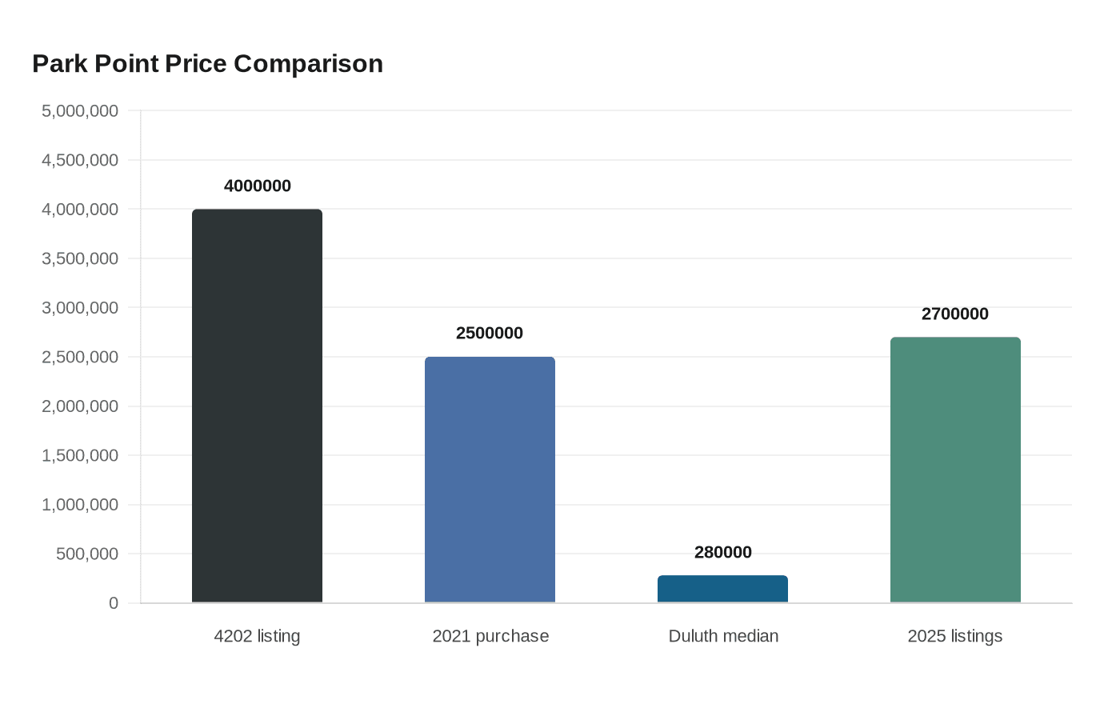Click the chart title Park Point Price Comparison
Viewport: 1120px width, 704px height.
click(207, 63)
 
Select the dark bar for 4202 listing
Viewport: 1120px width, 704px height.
click(257, 406)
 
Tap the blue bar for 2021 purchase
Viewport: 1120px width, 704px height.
click(490, 479)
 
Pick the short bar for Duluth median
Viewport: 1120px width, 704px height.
click(722, 589)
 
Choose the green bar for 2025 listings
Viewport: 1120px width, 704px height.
click(955, 470)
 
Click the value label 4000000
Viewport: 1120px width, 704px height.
click(257, 186)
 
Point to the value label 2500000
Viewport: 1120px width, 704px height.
click(490, 333)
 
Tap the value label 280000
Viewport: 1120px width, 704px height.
click(722, 552)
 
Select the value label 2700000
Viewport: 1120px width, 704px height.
click(955, 314)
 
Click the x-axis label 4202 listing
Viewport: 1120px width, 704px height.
click(257, 636)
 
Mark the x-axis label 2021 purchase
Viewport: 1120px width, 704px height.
click(490, 636)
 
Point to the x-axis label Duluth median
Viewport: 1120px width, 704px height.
click(723, 636)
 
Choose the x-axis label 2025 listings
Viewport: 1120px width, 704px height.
click(955, 636)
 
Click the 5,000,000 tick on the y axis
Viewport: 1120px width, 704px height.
click(80, 110)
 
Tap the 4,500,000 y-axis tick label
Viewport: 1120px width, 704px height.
click(80, 160)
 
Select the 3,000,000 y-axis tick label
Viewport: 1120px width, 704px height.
click(80, 307)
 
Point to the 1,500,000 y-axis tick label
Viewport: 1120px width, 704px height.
click(80, 455)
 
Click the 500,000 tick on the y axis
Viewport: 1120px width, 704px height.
click(87, 554)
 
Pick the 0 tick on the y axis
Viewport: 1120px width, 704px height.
click(114, 603)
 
